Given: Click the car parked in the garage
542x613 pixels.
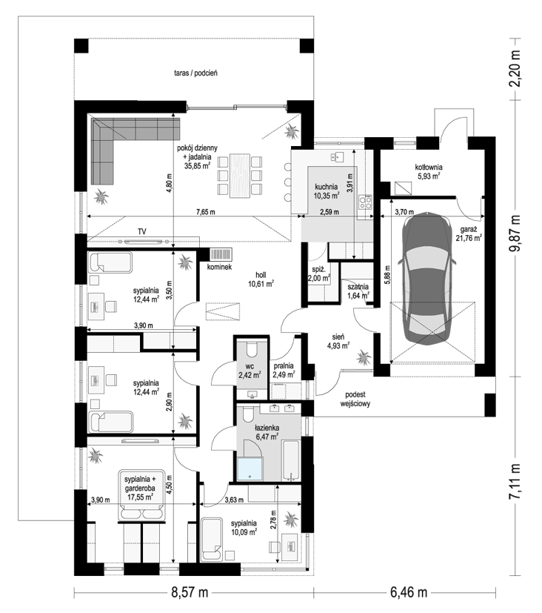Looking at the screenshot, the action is pos(426,279).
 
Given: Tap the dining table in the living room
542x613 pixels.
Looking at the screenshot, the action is pos(240,175).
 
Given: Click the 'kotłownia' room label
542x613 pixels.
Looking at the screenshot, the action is pos(429,168).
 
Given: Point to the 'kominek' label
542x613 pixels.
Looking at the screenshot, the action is pos(219,267).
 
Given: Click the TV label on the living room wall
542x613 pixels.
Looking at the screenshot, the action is pos(141,231).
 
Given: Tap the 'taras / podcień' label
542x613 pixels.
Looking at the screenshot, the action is pos(195,73).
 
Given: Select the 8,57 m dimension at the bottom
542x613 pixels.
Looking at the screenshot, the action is pos(190,593).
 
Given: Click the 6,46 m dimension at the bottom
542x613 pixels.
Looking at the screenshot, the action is pos(409,593).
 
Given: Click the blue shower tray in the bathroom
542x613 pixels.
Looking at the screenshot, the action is pos(250,468).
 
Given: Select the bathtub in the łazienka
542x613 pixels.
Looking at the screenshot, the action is pos(291,460).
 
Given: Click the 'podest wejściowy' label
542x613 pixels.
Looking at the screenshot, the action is pos(355,399).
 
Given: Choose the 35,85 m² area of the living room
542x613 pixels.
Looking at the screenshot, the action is pos(198,165).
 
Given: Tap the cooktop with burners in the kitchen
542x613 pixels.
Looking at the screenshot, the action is pos(366,202).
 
